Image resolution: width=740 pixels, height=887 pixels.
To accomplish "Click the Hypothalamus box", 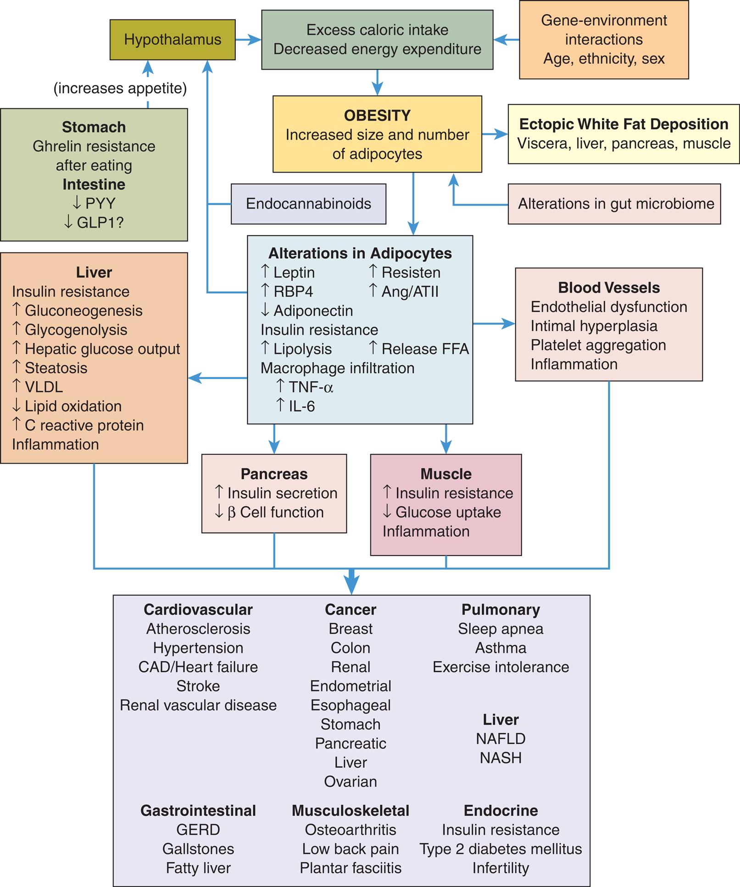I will pyautogui.click(x=172, y=40).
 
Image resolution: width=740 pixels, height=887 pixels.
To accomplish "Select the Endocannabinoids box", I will pyautogui.click(x=308, y=204).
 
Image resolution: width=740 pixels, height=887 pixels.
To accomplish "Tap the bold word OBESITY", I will pyautogui.click(x=377, y=116).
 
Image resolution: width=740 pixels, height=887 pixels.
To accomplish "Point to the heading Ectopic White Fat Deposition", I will pyautogui.click(x=623, y=124).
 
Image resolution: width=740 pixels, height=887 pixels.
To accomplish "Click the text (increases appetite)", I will pyautogui.click(x=120, y=88).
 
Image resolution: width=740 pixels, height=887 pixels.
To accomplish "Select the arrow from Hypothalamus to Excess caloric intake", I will pyautogui.click(x=248, y=40).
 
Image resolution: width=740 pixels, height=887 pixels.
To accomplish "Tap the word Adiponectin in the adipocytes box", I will pyautogui.click(x=313, y=311).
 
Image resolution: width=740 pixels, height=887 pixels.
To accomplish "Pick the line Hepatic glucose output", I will pyautogui.click(x=102, y=349).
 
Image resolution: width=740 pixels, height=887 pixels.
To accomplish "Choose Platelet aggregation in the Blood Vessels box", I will pyautogui.click(x=598, y=345).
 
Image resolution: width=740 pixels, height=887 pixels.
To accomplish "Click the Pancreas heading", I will pyautogui.click(x=274, y=474).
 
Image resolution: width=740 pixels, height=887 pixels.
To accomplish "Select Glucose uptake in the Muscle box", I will pyautogui.click(x=448, y=512).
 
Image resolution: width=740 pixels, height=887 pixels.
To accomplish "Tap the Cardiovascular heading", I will pyautogui.click(x=198, y=609).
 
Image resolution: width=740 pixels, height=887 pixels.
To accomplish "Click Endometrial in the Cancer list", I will pyautogui.click(x=351, y=686).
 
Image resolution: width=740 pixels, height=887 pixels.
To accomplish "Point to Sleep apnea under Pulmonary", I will pyautogui.click(x=501, y=629).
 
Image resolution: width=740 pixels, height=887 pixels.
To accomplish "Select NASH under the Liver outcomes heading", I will pyautogui.click(x=501, y=758).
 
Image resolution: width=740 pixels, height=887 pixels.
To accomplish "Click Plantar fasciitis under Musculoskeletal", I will pyautogui.click(x=351, y=868).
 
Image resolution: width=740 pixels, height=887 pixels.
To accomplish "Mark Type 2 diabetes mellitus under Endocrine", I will pyautogui.click(x=501, y=849).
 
